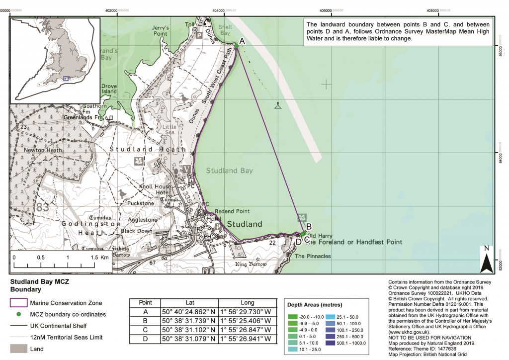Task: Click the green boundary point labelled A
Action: point(236,46)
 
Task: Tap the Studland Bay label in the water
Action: point(229,171)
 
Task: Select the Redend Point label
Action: point(232,211)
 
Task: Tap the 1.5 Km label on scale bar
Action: point(99,258)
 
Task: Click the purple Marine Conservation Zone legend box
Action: point(18,303)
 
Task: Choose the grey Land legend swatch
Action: point(18,349)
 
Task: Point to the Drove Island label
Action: point(109,89)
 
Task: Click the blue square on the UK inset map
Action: point(66,78)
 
